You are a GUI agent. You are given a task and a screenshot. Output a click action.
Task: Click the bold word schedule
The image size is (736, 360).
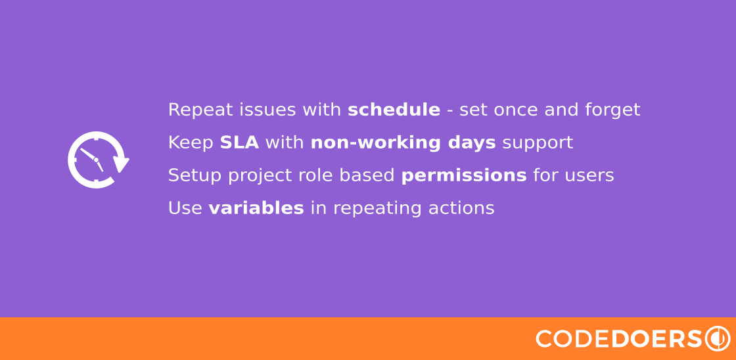point(394,110)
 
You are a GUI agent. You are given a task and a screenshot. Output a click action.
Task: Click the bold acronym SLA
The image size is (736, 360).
point(239,143)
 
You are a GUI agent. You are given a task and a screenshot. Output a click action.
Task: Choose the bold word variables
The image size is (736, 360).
point(256,208)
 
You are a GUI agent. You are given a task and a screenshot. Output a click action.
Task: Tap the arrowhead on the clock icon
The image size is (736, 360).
point(121,164)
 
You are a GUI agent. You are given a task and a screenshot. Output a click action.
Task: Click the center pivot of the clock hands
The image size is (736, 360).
point(96,160)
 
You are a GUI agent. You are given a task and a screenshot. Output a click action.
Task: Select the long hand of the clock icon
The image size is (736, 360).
point(88,154)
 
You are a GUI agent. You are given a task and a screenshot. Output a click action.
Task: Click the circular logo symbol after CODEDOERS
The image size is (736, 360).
point(718,338)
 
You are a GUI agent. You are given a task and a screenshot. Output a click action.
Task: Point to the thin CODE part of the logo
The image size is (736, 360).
point(573,339)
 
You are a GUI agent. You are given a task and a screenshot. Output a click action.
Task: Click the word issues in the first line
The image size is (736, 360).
point(267,110)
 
